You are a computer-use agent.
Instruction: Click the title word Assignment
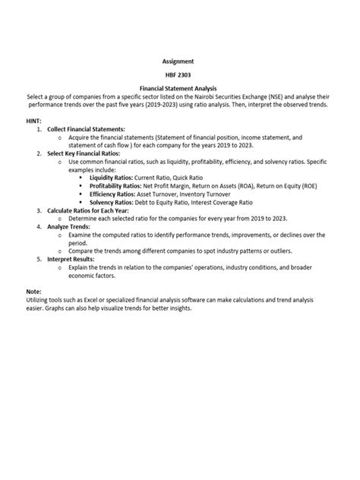[x=179, y=60]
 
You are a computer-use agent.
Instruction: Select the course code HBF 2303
[x=179, y=75]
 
